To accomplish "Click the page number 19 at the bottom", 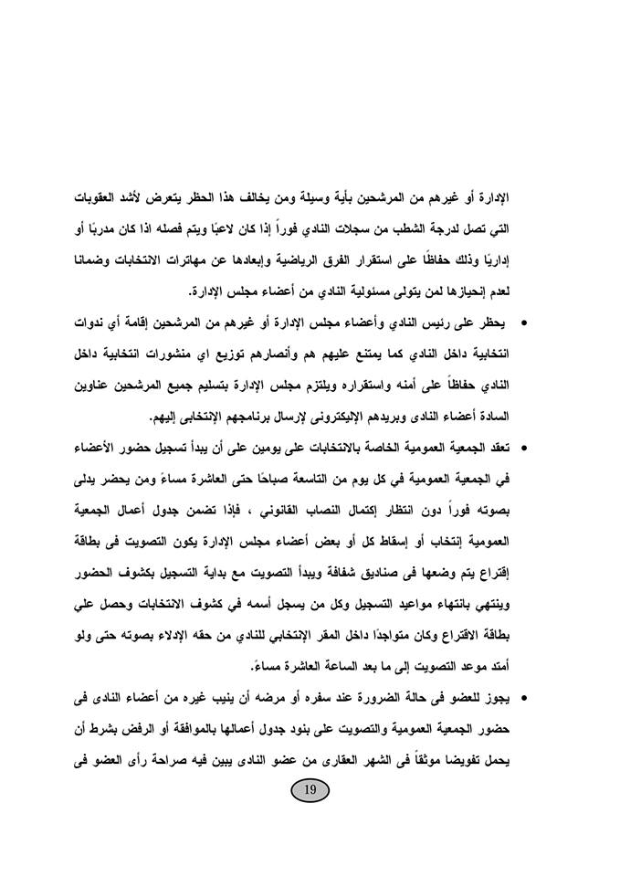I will coord(310,790).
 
